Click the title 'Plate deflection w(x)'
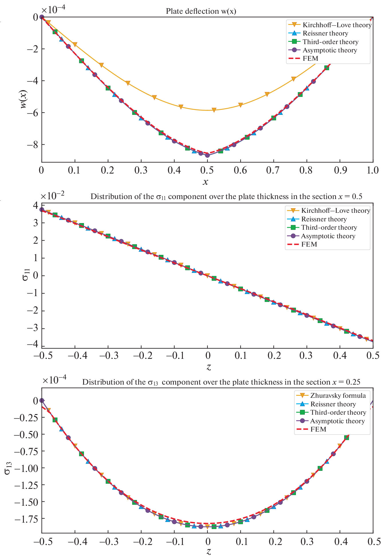[x=201, y=11]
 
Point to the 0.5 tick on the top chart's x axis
[x=207, y=170]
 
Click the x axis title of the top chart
[x=205, y=182]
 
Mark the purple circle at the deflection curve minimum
[x=207, y=155]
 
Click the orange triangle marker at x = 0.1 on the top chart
[x=75, y=44]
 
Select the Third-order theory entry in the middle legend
[x=329, y=227]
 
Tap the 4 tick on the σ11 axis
[x=36, y=205]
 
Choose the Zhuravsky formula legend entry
[x=338, y=395]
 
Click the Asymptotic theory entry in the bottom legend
[x=337, y=421]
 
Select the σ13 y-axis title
[x=8, y=468]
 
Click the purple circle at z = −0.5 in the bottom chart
[x=42, y=400]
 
